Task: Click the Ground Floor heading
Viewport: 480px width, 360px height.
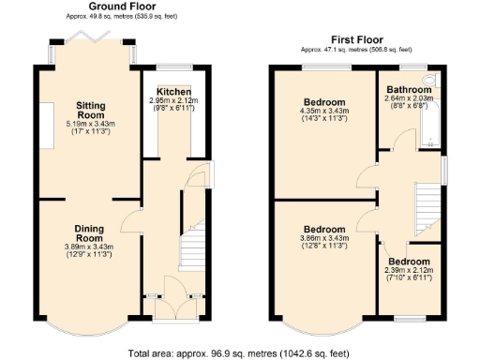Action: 123,7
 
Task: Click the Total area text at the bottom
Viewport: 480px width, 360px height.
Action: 240,352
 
